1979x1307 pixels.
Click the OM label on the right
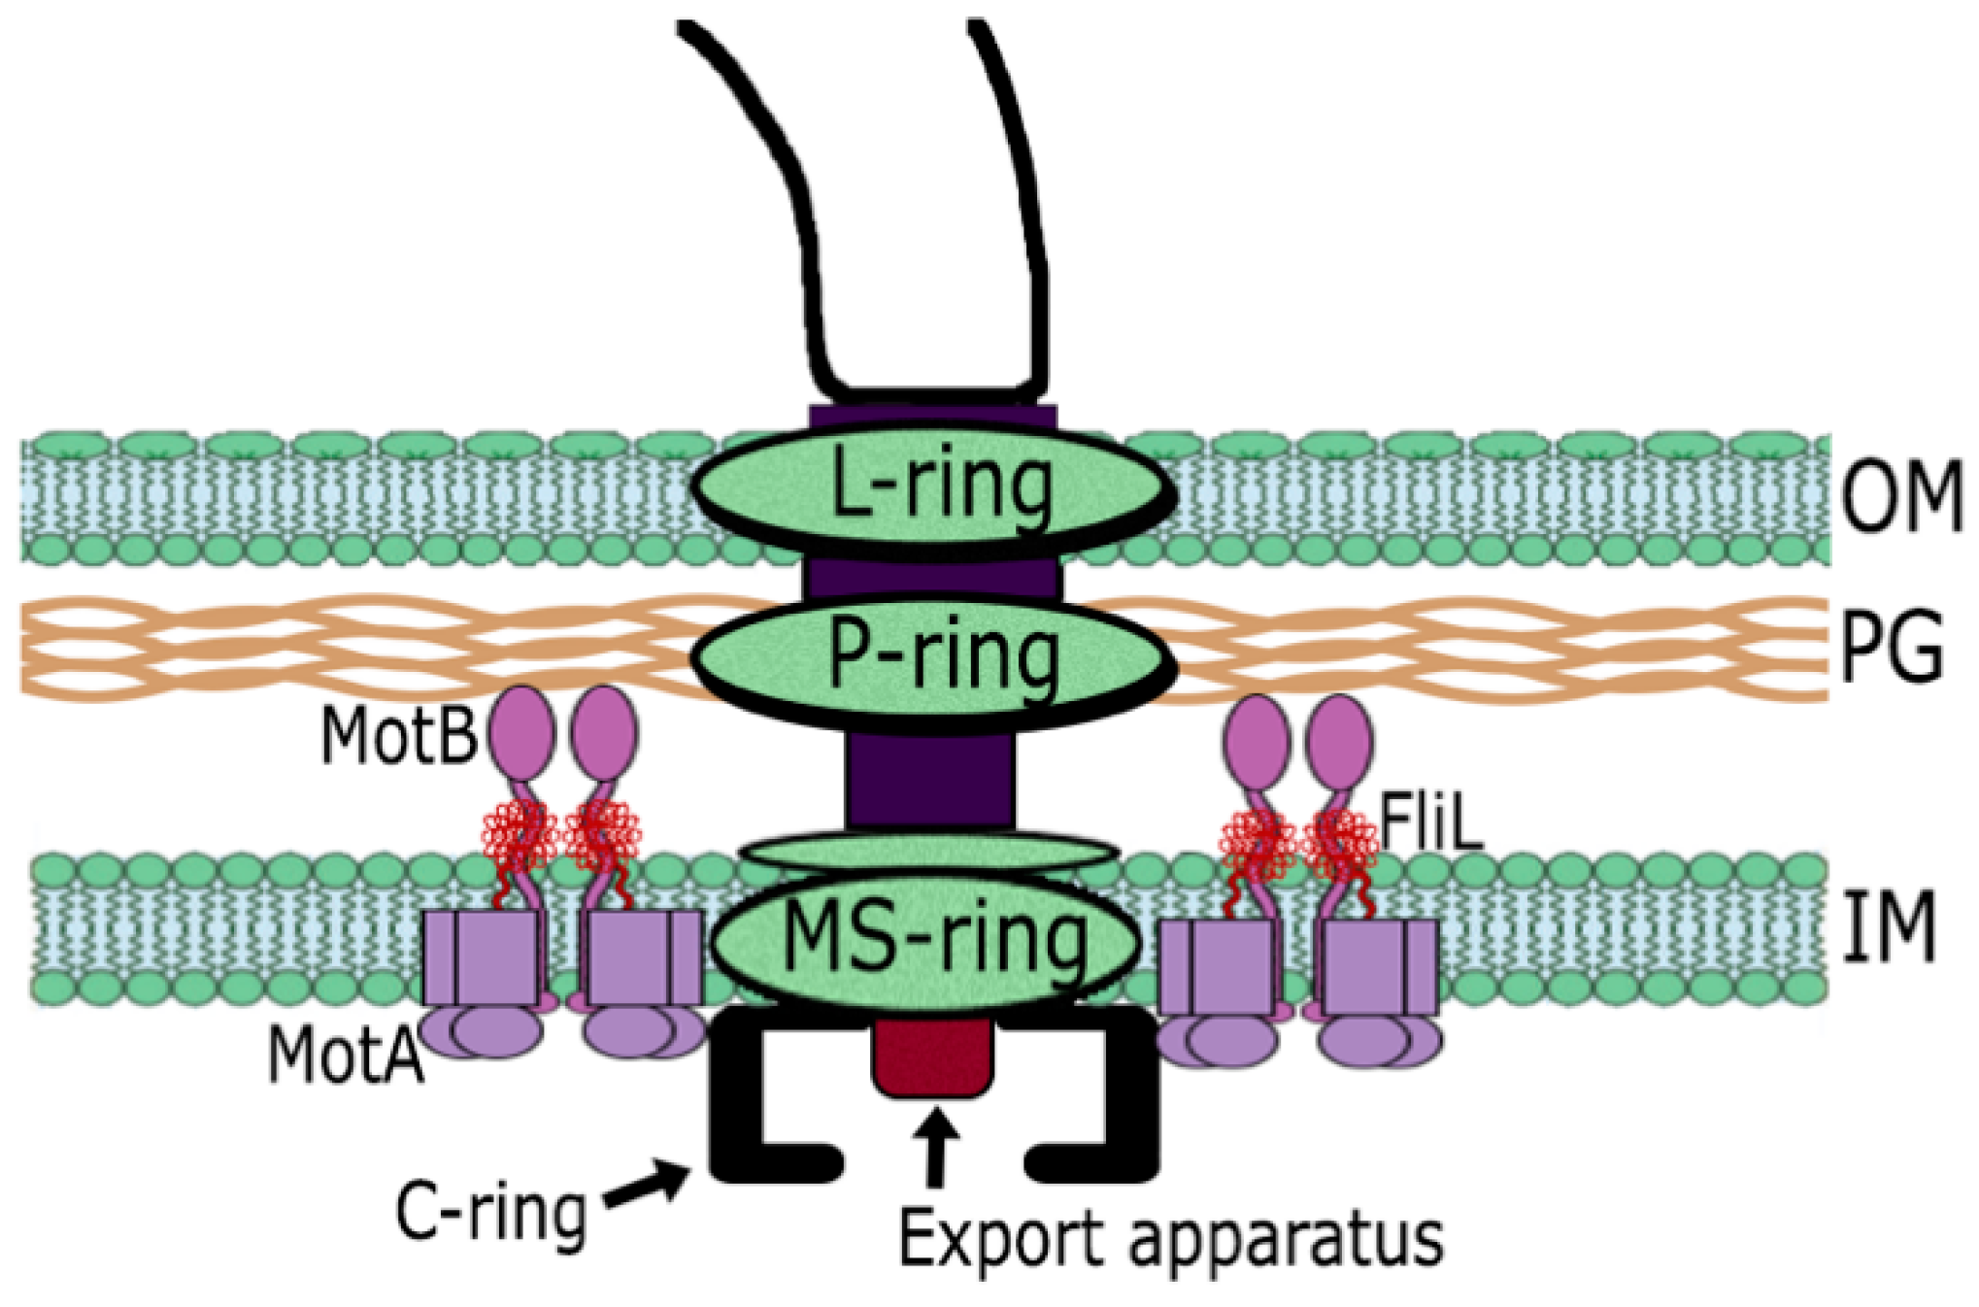(1900, 497)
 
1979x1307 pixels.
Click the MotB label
(398, 736)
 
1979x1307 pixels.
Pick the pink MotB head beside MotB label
(521, 733)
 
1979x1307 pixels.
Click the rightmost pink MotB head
(1339, 741)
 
